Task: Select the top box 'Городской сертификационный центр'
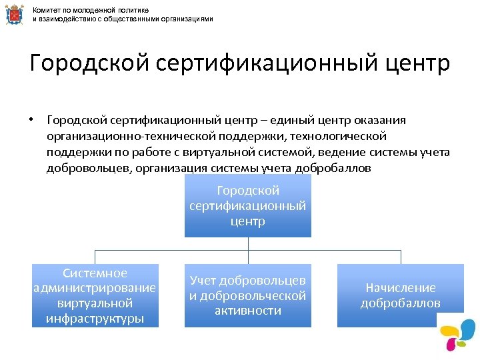pos(248,206)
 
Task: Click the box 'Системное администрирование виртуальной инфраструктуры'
pos(95,295)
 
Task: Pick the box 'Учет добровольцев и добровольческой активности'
pos(248,295)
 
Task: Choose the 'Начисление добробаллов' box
pos(401,295)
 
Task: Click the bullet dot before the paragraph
pos(31,120)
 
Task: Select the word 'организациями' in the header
pos(190,19)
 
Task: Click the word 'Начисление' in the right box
pos(401,288)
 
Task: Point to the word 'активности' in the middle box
pos(248,311)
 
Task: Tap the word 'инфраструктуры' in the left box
pos(95,318)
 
